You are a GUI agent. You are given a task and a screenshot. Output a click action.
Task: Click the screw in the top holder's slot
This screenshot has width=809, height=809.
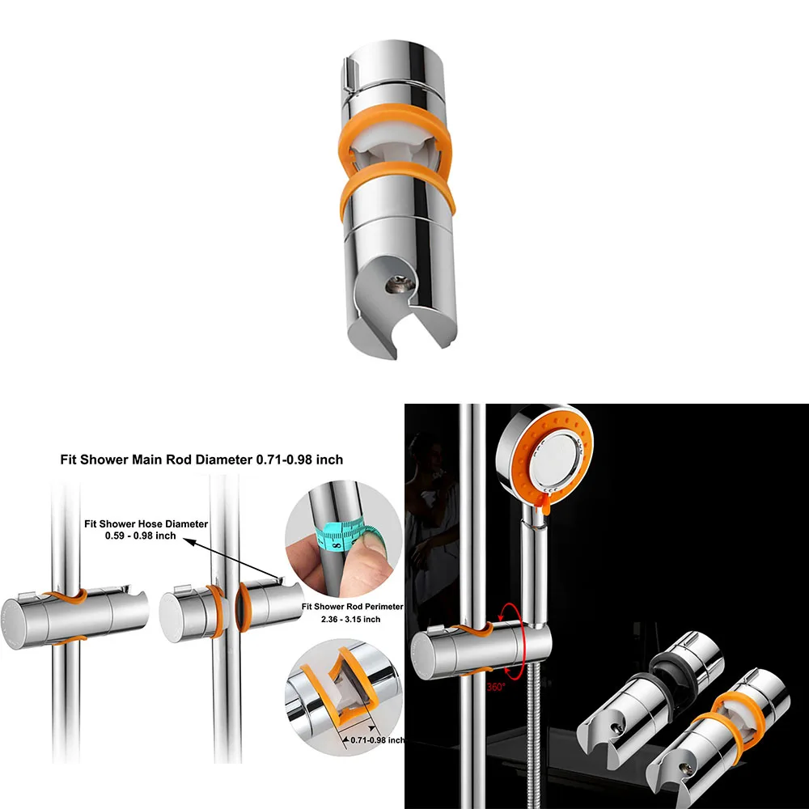[400, 284]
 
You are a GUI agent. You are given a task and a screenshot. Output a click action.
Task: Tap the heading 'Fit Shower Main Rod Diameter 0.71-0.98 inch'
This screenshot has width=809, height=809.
[201, 460]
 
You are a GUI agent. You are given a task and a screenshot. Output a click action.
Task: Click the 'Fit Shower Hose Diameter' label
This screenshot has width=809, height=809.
[146, 523]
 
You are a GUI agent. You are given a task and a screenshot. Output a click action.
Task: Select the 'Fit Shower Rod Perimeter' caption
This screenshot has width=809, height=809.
[353, 606]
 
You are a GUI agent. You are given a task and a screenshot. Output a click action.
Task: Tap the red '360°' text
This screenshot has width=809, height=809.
[496, 687]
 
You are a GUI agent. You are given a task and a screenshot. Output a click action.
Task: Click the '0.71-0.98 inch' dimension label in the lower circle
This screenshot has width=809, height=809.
[378, 740]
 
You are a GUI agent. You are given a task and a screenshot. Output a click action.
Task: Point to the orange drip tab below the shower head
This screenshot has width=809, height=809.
[545, 503]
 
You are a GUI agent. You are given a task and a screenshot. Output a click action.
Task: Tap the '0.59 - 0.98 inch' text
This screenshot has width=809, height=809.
[140, 536]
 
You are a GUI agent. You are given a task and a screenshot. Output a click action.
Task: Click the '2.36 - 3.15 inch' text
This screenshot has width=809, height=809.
[351, 619]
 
